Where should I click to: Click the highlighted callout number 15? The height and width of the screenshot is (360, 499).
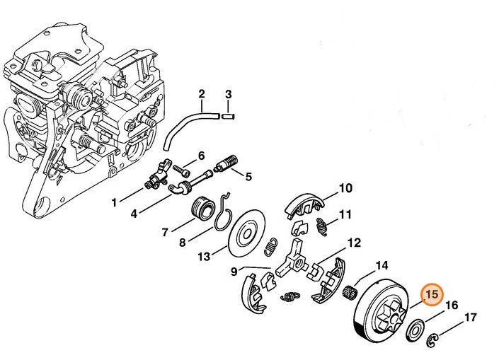point(432,294)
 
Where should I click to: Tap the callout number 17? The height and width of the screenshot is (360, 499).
point(471,318)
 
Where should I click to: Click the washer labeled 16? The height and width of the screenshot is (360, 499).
point(415,331)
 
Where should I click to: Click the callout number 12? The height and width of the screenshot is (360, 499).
point(354,243)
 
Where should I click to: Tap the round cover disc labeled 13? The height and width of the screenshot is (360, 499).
point(247,234)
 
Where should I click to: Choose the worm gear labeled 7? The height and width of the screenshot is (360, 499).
point(202,208)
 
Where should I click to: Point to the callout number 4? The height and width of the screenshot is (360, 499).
point(134,214)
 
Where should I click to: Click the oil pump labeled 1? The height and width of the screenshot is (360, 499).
point(156,177)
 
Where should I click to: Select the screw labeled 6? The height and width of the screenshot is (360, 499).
point(181,170)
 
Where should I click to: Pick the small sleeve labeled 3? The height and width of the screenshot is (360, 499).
point(228,116)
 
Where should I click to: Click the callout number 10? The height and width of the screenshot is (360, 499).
point(345,188)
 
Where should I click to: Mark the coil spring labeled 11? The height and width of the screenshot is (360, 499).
point(322,226)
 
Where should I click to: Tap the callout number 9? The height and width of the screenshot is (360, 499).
point(234,272)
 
